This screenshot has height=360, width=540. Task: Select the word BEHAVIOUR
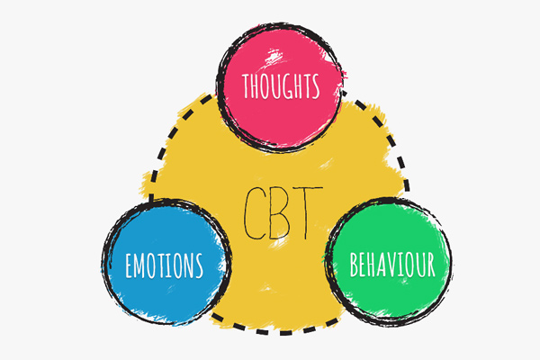click(392, 264)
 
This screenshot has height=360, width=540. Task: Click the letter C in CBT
click(256, 211)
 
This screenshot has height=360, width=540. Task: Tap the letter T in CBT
click(306, 211)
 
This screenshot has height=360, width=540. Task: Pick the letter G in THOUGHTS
click(288, 87)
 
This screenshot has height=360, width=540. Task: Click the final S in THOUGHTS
click(316, 87)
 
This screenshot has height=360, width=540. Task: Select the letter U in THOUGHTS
click(276, 87)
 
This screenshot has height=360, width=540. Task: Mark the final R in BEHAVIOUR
click(432, 264)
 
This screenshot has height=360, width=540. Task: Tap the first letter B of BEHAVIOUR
click(354, 264)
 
